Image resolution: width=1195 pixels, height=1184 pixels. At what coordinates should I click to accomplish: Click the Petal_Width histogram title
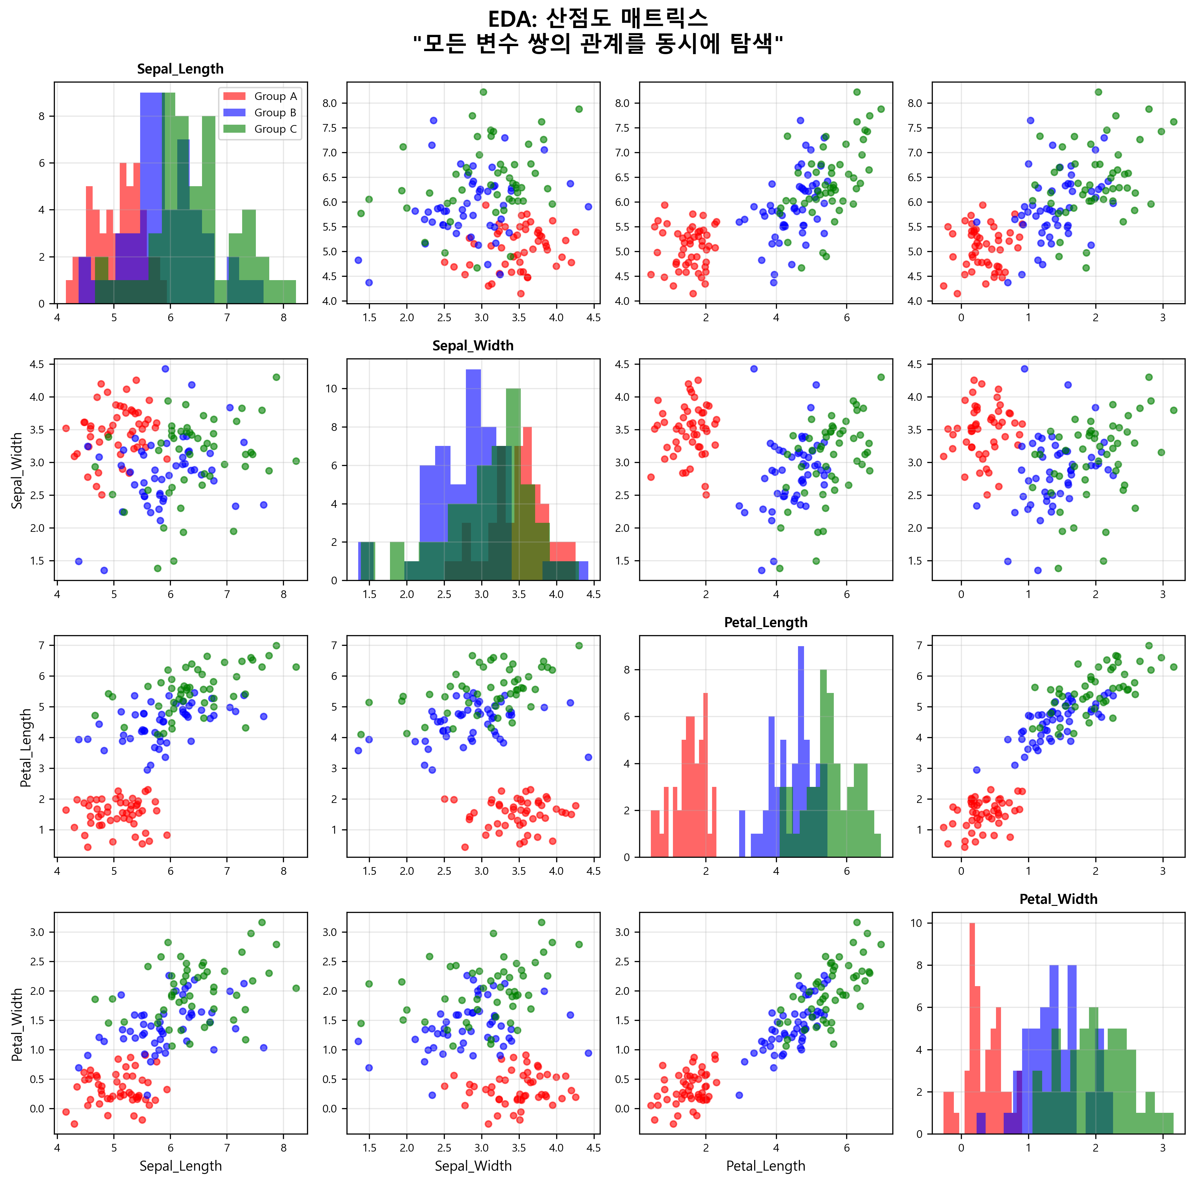1058,899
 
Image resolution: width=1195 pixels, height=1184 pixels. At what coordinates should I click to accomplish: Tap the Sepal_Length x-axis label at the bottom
180,1166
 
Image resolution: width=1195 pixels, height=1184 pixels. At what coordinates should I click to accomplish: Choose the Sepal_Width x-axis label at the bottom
473,1166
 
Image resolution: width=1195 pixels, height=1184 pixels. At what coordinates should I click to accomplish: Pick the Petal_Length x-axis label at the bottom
766,1166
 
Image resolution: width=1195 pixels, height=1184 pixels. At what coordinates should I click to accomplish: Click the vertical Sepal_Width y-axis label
17,470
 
